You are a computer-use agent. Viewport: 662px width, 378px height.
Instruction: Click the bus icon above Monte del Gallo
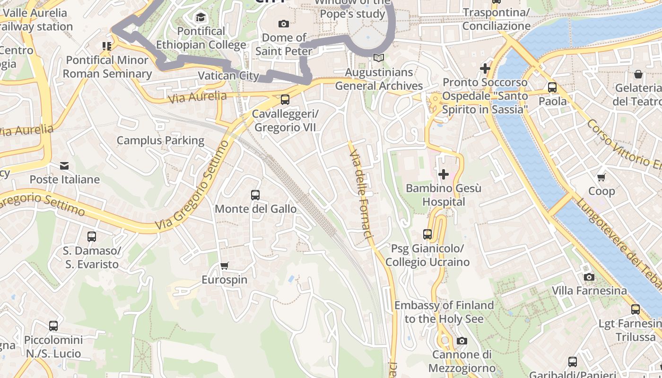pos(255,195)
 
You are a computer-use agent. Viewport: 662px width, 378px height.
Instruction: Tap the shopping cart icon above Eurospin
pos(225,266)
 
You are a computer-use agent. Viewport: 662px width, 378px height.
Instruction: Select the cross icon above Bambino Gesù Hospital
pos(443,174)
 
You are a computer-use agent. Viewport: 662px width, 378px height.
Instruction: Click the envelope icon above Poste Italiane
pos(64,166)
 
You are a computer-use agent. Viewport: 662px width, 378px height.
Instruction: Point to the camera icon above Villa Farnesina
pos(589,277)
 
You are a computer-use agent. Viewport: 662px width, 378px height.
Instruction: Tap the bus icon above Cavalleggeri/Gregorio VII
pos(285,100)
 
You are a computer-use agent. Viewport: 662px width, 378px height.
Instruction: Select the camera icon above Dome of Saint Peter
pos(284,24)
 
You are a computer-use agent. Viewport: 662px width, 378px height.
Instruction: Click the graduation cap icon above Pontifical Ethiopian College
pos(201,18)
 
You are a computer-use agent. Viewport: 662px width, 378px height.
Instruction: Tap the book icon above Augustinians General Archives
pos(378,58)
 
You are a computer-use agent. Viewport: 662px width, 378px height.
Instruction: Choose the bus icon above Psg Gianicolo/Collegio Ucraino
pos(427,234)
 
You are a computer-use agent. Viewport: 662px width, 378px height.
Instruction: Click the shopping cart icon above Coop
pos(601,178)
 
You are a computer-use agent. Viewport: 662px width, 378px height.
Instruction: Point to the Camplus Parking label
pos(160,140)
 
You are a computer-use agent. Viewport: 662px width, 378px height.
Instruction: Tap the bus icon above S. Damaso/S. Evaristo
pos(92,236)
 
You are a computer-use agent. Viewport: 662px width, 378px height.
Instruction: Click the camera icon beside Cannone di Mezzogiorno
pos(462,341)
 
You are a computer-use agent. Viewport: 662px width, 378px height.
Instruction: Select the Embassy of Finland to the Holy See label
pos(444,312)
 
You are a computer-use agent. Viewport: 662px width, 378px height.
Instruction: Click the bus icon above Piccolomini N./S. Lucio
pos(53,326)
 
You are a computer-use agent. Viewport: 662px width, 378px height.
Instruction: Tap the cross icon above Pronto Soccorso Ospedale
pos(485,69)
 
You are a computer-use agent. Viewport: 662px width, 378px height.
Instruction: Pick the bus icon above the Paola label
pos(552,87)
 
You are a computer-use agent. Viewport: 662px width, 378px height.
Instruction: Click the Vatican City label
pos(228,76)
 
